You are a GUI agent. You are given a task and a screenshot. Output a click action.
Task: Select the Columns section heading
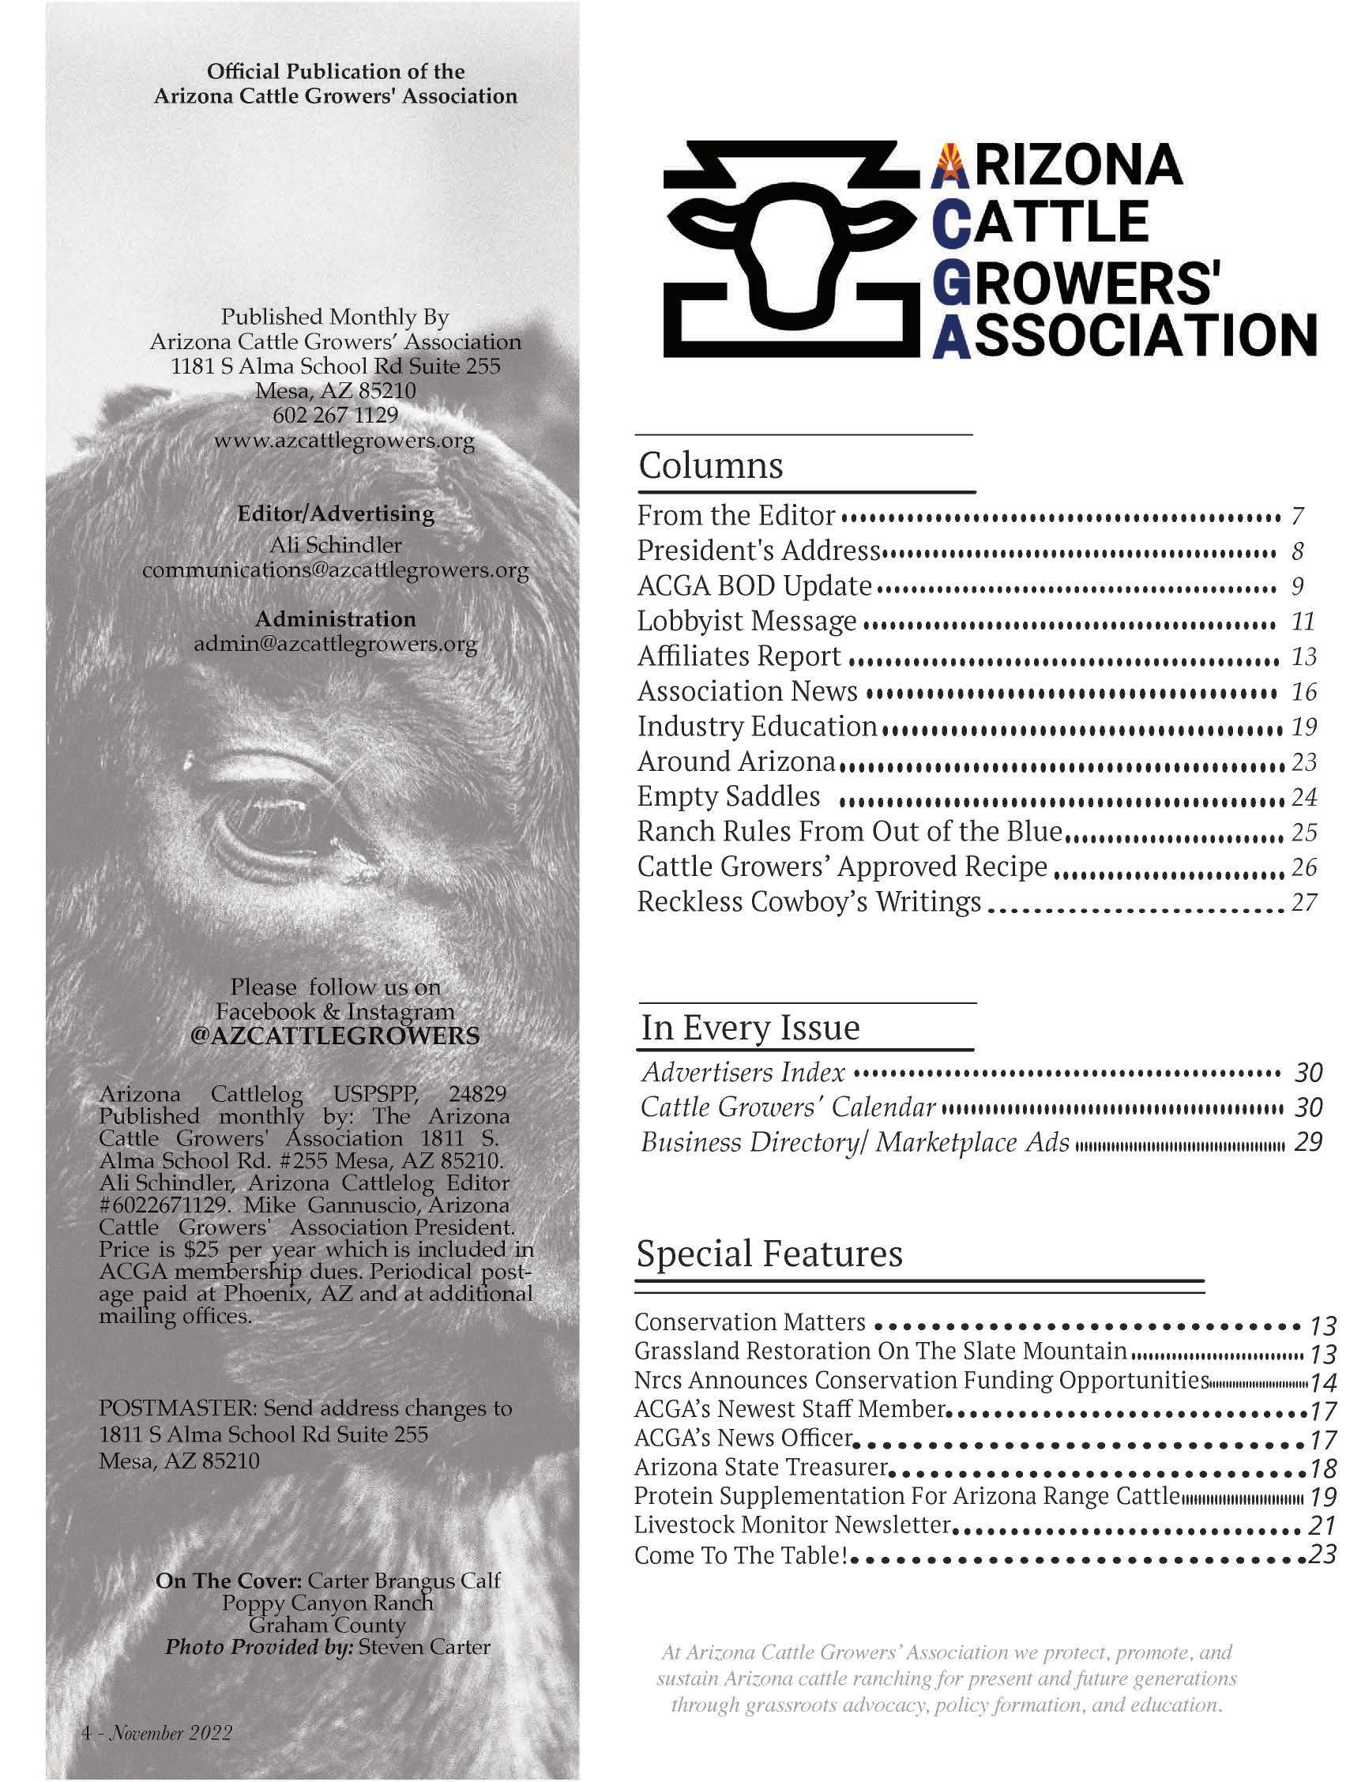711,465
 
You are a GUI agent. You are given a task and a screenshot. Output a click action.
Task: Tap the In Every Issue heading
750,1027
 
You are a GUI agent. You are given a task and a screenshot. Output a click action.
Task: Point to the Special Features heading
769,1253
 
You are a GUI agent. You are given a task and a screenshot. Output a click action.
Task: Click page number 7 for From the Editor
1298,516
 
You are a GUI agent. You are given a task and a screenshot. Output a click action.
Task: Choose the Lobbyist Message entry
746,621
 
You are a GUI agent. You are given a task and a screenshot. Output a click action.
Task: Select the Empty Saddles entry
728,796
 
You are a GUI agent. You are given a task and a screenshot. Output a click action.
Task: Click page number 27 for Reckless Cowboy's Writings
1303,903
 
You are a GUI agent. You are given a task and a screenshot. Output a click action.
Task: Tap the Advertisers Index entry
743,1073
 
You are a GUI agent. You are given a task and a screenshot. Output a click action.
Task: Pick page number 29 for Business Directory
1309,1142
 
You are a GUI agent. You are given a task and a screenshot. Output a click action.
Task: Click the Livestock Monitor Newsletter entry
792,1524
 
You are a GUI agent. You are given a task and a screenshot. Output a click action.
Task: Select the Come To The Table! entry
741,1555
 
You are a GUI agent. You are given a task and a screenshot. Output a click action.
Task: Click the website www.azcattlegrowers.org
344,442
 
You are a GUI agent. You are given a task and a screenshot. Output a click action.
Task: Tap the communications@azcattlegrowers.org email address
335,570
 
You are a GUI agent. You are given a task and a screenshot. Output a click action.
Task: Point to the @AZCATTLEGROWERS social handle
335,1036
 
